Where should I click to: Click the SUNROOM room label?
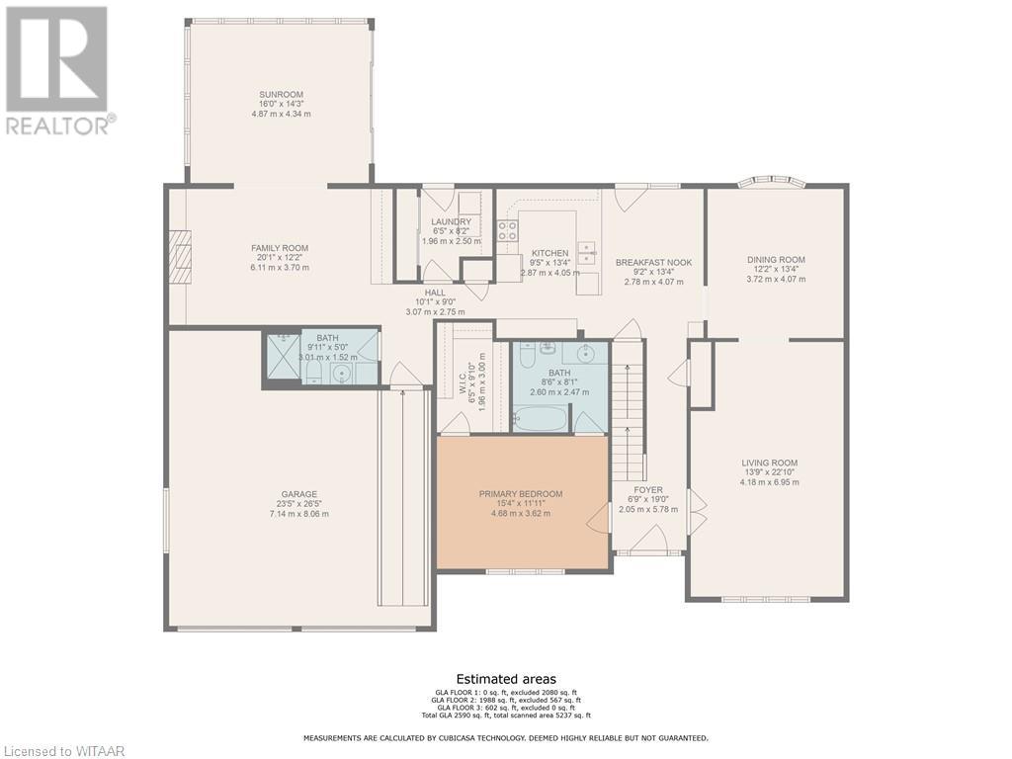[281, 95]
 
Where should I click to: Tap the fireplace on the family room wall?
[179, 258]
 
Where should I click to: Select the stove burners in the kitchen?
[507, 231]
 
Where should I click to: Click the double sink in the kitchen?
[587, 252]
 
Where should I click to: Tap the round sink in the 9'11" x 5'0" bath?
[341, 373]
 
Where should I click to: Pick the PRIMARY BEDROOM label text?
[521, 494]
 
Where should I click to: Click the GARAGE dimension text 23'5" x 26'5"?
[299, 504]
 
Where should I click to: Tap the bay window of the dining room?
[772, 182]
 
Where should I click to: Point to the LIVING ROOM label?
[769, 463]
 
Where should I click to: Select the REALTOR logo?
[57, 69]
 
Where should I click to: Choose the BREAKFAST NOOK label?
[653, 262]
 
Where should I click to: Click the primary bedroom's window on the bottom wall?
[525, 571]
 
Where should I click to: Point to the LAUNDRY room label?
[451, 221]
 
